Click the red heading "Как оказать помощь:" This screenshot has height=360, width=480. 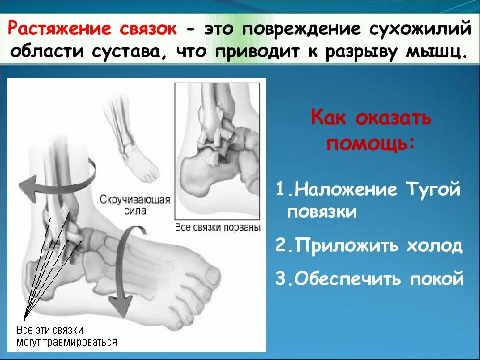coord(370,131)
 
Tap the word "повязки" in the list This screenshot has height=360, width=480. coord(322,212)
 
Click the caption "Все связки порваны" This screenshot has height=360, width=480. coord(218,228)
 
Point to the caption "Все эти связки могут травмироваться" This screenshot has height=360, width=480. coord(67,336)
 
